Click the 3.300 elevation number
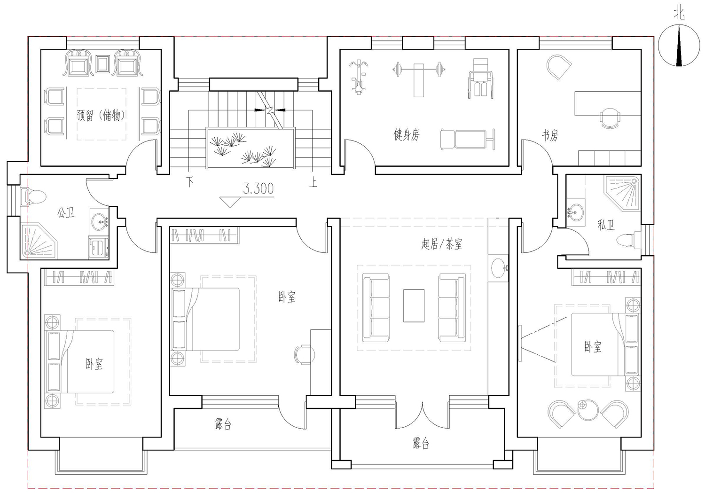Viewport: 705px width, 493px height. tap(258, 188)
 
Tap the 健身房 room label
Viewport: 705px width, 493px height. tap(407, 135)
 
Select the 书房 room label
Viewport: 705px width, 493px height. tap(550, 135)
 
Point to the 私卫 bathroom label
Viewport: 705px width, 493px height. tap(606, 225)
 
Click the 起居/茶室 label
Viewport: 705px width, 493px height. tap(442, 244)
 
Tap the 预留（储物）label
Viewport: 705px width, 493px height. tap(102, 116)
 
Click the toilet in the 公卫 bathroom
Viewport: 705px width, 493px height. tap(33, 196)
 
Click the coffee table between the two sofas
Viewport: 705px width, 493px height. tap(414, 305)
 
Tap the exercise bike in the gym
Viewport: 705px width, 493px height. tap(358, 77)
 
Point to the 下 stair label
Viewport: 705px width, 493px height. tap(189, 182)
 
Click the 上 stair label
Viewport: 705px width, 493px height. tap(313, 182)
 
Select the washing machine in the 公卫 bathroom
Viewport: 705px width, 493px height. tap(99, 247)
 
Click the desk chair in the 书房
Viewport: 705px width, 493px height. tap(610, 118)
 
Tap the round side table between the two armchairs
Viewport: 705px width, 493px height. tap(587, 410)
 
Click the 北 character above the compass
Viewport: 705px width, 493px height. tap(679, 14)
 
